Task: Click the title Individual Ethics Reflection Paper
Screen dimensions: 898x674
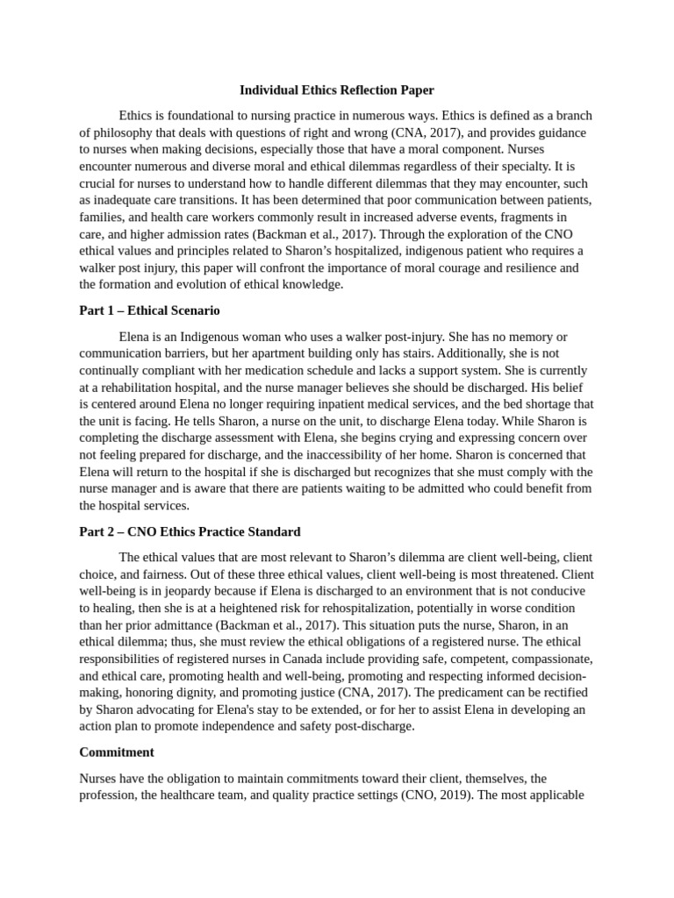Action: click(337, 90)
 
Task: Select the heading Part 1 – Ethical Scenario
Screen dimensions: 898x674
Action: click(149, 310)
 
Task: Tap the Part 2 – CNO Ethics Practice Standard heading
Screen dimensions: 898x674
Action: click(190, 531)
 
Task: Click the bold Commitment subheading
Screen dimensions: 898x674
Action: click(117, 752)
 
